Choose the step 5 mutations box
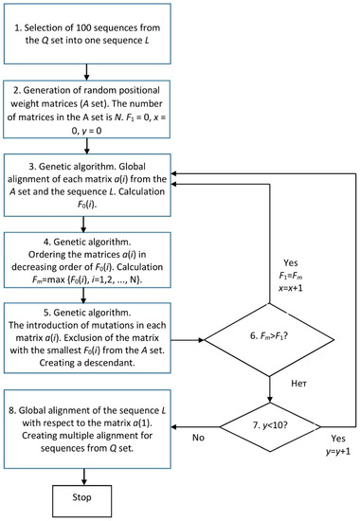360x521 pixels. (x=86, y=335)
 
